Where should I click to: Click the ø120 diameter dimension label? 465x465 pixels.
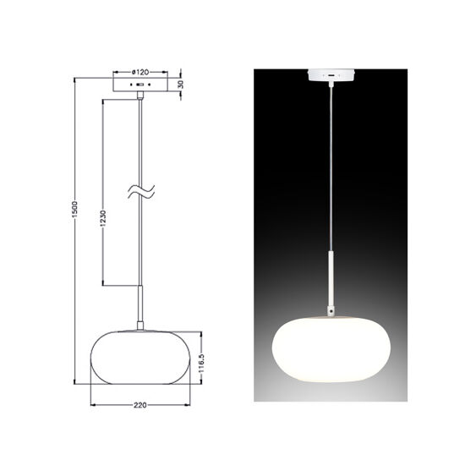click(140, 72)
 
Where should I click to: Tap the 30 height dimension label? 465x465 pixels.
click(181, 85)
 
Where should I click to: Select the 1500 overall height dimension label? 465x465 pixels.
click(74, 210)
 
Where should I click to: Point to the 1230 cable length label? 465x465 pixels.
click(102, 219)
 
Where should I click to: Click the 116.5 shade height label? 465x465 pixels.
click(201, 363)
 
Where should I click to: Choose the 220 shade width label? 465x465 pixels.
click(140, 405)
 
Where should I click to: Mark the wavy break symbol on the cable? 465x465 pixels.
click(141, 191)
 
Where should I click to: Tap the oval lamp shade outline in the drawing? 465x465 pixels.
click(90, 357)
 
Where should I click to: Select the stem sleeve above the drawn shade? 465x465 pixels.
click(140, 304)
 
